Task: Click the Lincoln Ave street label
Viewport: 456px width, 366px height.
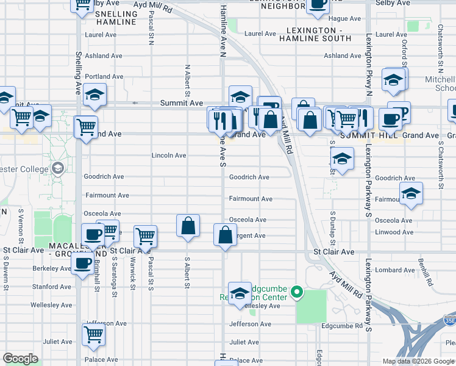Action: (x=169, y=156)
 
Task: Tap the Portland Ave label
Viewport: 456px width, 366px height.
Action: (x=104, y=77)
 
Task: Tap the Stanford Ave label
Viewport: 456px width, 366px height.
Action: (x=52, y=286)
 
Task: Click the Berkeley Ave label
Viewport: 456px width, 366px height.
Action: (x=52, y=268)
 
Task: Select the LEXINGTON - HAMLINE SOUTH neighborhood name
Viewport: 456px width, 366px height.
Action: (x=316, y=34)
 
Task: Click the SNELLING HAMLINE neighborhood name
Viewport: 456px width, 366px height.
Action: (x=116, y=18)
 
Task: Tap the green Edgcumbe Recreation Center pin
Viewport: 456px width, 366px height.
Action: (x=297, y=293)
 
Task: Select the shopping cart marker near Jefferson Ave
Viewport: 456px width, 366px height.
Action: (x=93, y=333)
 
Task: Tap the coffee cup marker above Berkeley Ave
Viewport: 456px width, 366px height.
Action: (x=82, y=263)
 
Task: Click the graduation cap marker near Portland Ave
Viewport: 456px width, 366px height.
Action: (x=95, y=94)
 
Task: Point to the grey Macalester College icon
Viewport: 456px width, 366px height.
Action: (x=58, y=168)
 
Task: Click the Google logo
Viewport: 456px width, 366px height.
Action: (x=20, y=359)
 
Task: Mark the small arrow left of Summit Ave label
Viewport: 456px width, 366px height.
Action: (x=135, y=104)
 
